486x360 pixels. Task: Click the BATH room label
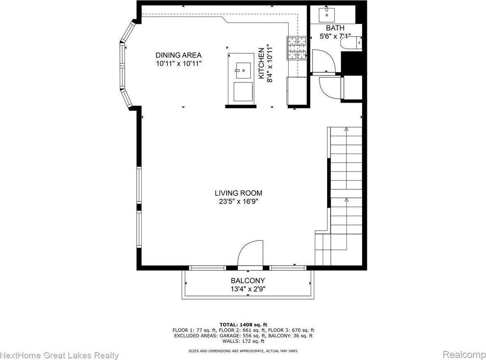point(335,28)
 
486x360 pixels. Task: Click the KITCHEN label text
point(261,63)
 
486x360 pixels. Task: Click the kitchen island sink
point(243,71)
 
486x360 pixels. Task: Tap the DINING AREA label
point(178,55)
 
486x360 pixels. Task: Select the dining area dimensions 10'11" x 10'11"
point(178,64)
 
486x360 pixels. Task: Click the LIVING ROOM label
point(238,193)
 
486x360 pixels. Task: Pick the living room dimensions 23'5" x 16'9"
point(238,201)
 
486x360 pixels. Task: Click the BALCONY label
point(248,281)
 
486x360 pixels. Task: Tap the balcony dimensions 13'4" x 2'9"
point(248,289)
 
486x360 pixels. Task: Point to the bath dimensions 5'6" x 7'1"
point(335,36)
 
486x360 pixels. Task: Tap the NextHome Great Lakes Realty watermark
point(60,355)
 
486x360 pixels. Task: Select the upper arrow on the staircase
point(346,129)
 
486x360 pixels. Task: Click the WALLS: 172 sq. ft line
point(243,341)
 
